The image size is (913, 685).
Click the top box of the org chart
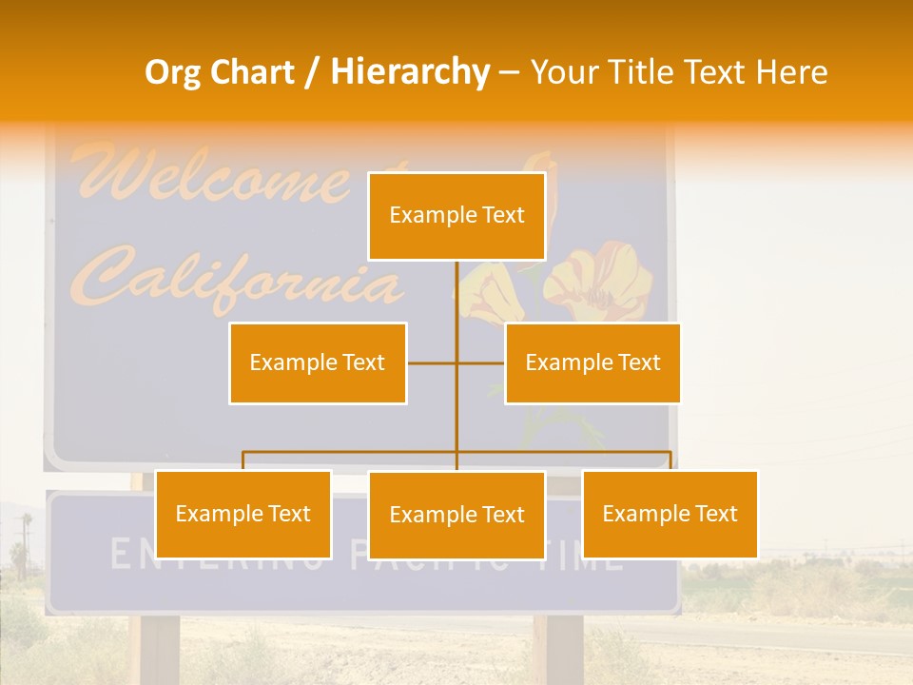coord(456,216)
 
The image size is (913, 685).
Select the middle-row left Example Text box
coord(318,362)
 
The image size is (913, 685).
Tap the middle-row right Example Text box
coord(592,362)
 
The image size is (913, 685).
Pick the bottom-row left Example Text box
coord(243,514)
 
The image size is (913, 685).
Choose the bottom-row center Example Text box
coord(456,515)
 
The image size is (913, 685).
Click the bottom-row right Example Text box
coord(670,514)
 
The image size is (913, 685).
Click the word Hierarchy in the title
coord(410,72)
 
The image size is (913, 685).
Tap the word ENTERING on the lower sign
coord(219,555)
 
